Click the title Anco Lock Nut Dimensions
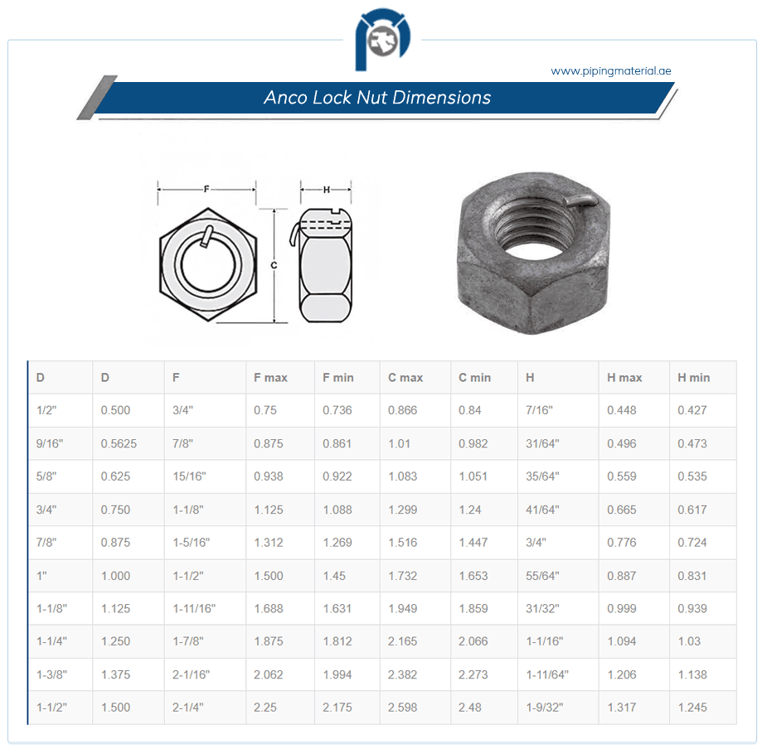click(x=377, y=97)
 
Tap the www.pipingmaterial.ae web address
click(x=611, y=71)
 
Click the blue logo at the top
click(x=382, y=39)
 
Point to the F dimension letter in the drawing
click(x=206, y=189)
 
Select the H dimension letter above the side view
click(x=326, y=189)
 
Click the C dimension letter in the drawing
click(x=274, y=265)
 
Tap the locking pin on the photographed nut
click(x=580, y=201)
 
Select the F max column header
click(x=270, y=378)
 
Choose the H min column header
click(x=694, y=378)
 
